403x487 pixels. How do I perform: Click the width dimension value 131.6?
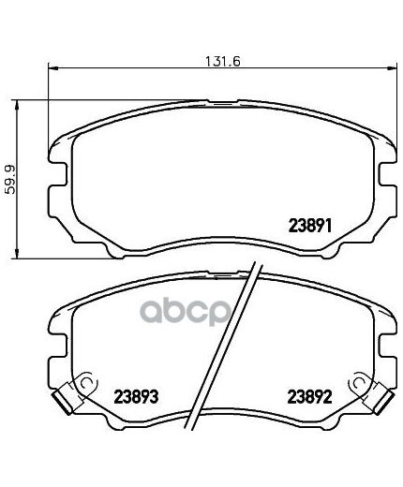point(222,61)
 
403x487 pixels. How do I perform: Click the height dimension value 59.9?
point(10,180)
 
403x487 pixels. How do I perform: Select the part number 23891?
point(310,226)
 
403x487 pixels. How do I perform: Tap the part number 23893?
point(136,396)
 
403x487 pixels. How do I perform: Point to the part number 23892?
point(309,397)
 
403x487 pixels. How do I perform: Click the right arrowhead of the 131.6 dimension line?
point(392,67)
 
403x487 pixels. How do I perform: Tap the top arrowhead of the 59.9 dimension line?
point(17,105)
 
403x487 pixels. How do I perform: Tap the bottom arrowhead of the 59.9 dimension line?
point(17,254)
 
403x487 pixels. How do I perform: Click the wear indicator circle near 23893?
point(87,382)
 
